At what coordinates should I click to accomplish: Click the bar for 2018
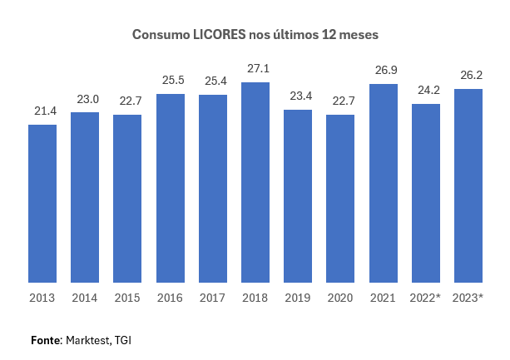click(255, 182)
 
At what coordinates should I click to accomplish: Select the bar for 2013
click(42, 204)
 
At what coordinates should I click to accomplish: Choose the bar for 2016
click(171, 188)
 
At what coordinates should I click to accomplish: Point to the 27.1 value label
click(255, 67)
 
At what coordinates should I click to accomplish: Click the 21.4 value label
click(42, 110)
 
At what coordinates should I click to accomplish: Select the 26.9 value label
click(384, 69)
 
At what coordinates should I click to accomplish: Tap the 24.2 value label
click(426, 89)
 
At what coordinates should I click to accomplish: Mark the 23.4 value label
click(298, 95)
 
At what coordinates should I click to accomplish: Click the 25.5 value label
click(171, 79)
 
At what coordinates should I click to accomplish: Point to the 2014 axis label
click(85, 297)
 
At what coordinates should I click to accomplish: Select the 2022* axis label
click(426, 297)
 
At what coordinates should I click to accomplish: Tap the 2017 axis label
click(213, 297)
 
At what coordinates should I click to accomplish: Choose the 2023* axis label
click(468, 297)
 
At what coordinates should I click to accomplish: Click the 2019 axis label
click(298, 297)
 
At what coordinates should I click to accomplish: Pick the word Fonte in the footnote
click(46, 340)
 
